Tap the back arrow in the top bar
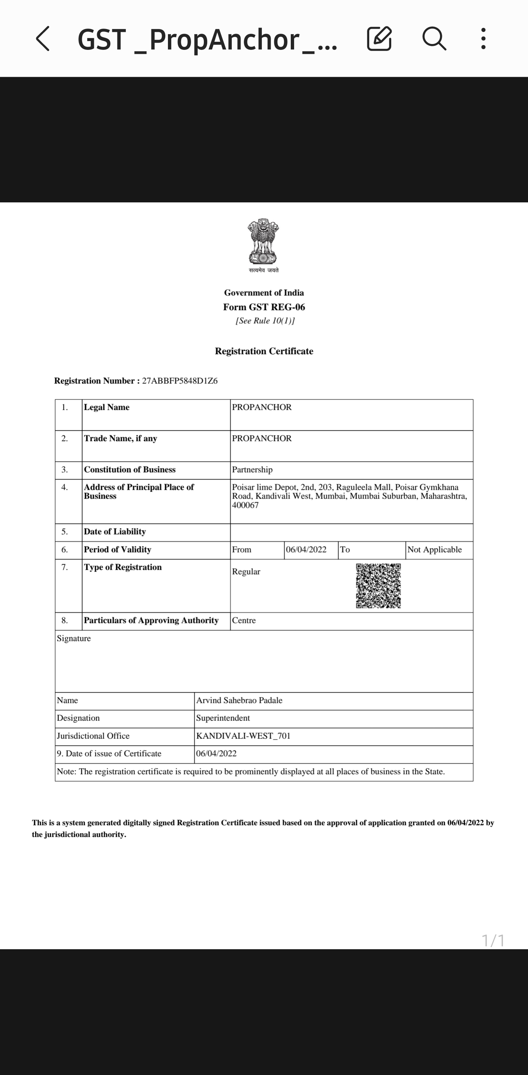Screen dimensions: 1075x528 (43, 39)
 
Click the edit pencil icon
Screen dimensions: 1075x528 (379, 39)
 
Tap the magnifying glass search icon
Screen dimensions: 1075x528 (434, 39)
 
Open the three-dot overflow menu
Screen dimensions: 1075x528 (483, 39)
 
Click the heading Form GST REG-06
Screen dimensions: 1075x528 (264, 307)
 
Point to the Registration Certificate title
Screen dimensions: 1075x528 (264, 351)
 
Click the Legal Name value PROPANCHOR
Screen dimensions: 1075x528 (262, 407)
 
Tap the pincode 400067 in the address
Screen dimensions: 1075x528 (245, 505)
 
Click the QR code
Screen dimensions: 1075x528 (378, 586)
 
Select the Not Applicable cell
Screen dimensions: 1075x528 (434, 550)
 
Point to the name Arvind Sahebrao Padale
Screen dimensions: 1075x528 (239, 700)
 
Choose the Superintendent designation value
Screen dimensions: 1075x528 (223, 718)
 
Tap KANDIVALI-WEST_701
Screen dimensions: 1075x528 (243, 736)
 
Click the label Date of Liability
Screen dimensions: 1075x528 (115, 532)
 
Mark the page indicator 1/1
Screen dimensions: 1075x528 (493, 941)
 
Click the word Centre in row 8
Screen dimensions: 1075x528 (244, 621)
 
